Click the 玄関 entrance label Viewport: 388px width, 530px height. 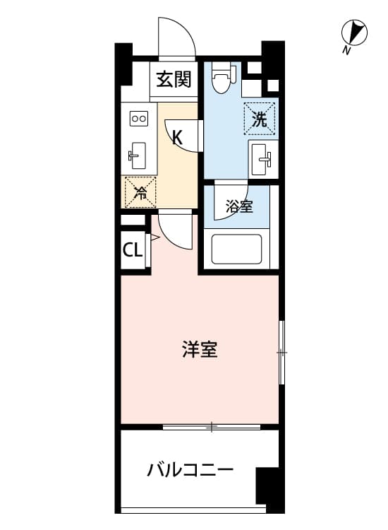pos(174,79)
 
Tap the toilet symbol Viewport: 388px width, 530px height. pos(222,78)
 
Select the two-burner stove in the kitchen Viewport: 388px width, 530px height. pos(139,118)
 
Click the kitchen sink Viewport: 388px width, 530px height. pos(138,156)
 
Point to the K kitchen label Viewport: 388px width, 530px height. pos(177,137)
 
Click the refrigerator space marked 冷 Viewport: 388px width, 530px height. pos(140,192)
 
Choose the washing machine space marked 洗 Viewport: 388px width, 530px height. pos(260,119)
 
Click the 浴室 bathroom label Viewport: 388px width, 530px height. pos(239,206)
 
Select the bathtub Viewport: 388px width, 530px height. pos(236,249)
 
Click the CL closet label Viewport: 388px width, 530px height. pos(132,250)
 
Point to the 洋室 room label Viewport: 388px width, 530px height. pos(200,350)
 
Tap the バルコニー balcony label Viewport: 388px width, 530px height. pos(190,470)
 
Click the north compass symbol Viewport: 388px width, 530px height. pos(354,33)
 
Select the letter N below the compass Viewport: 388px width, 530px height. pos(346,51)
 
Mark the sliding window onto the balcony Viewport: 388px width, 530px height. pos(212,427)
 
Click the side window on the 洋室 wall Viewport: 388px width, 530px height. pos(281,353)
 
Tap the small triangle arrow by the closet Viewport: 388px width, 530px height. pos(154,237)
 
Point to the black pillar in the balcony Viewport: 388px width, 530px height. pos(269,490)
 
